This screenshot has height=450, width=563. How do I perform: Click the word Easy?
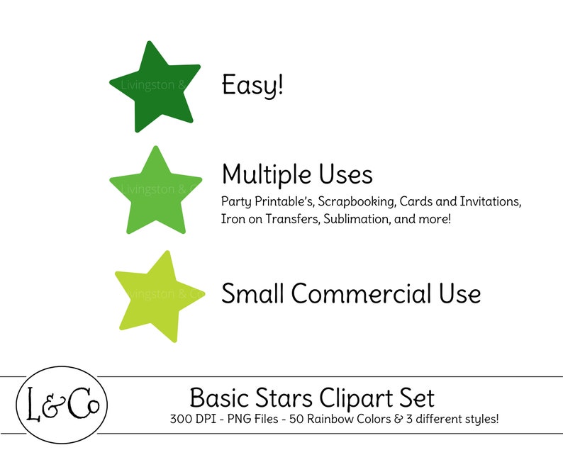click(252, 86)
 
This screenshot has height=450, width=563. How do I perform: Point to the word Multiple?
click(264, 174)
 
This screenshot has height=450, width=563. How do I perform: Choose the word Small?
click(252, 293)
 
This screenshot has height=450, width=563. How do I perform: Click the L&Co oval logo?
click(62, 405)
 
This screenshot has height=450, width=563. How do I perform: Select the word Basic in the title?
click(217, 397)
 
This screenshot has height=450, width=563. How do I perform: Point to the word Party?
click(235, 201)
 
